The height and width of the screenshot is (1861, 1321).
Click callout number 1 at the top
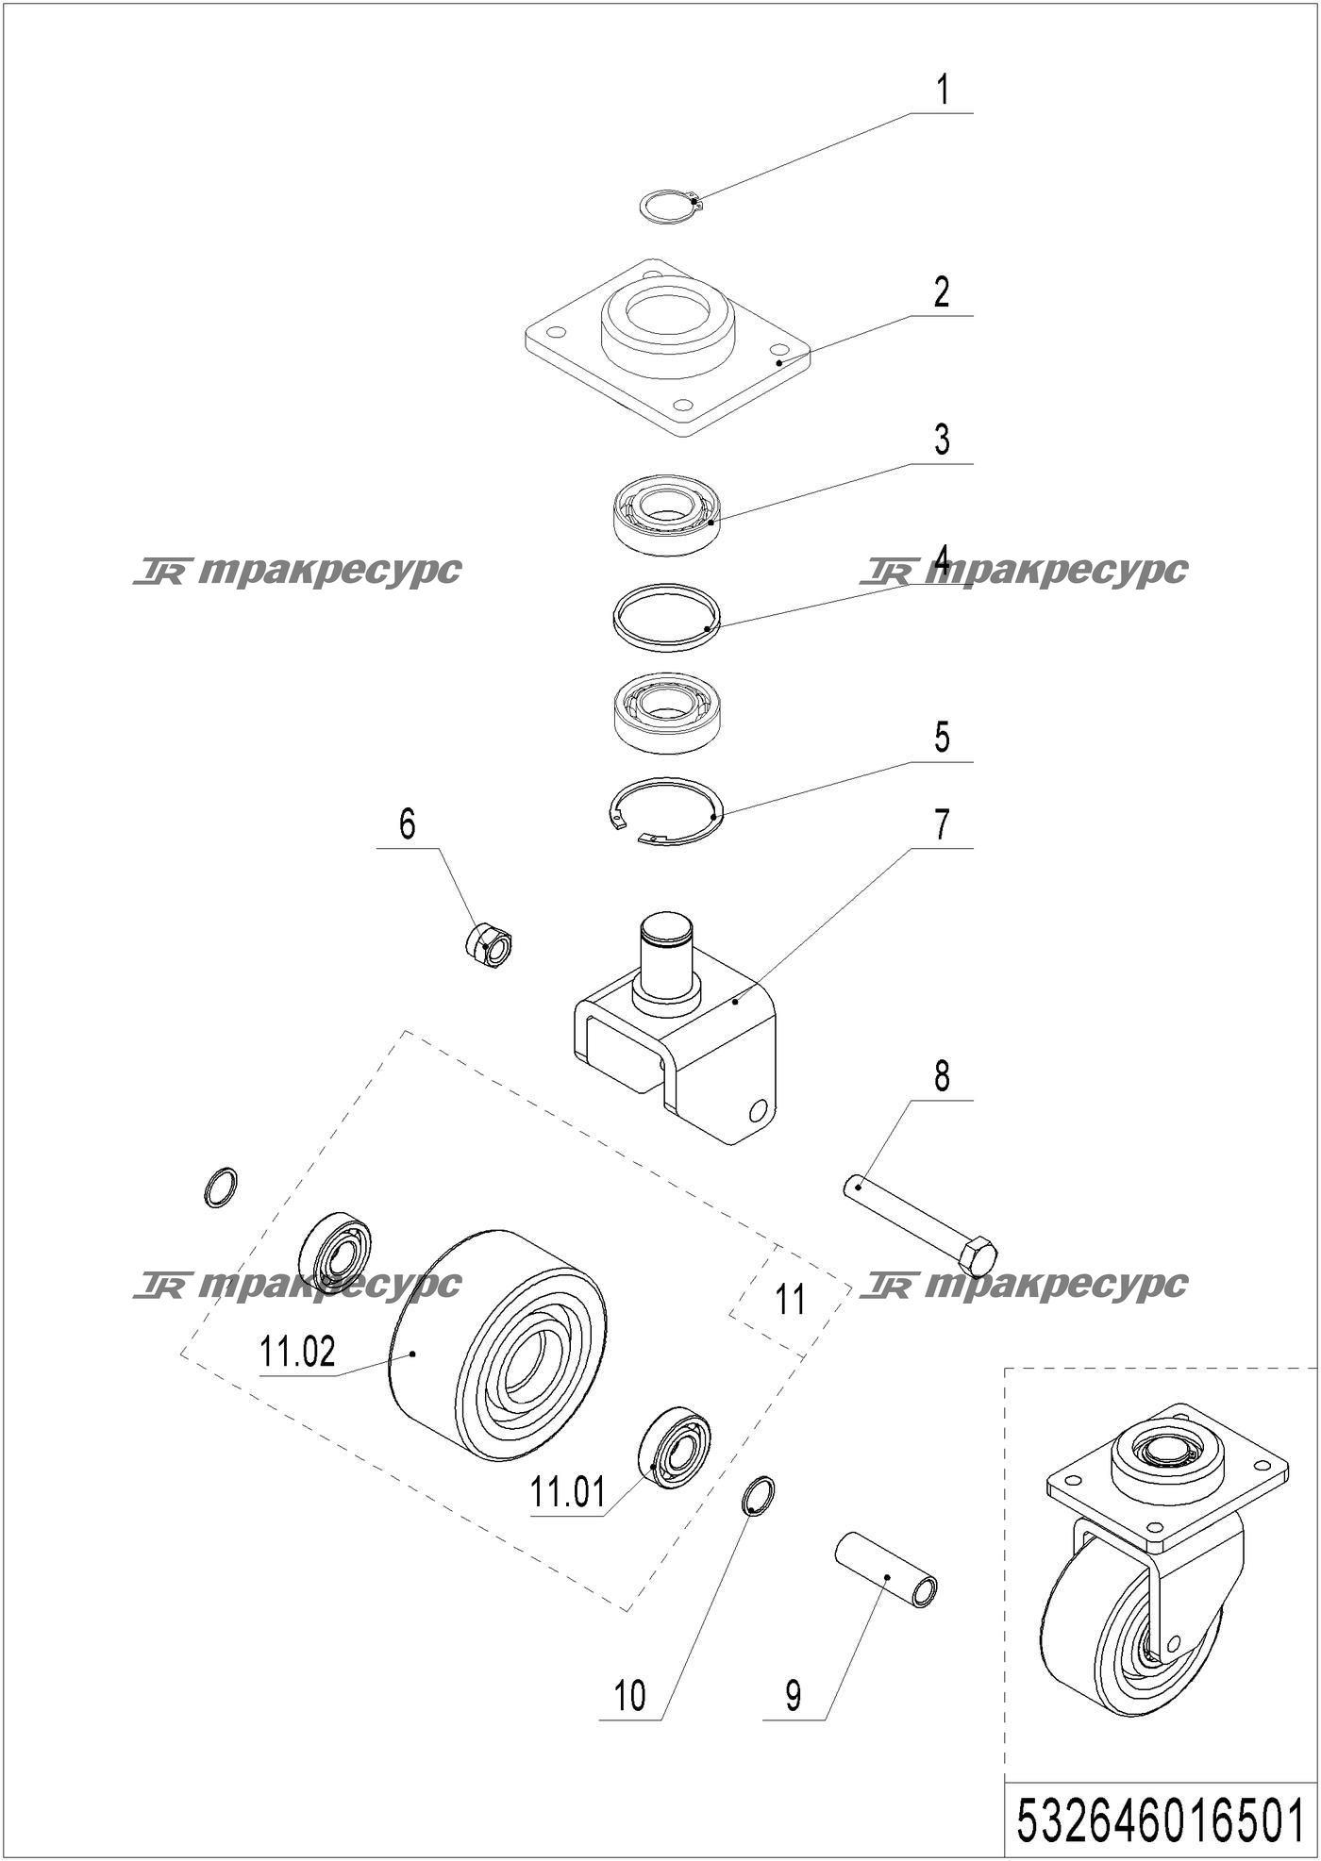[x=942, y=91]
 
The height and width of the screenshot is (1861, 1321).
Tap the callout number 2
[x=942, y=293]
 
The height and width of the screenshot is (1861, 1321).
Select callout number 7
[x=942, y=824]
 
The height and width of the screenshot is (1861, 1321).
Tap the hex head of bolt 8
[x=978, y=1257]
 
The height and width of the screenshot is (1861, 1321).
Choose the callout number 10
[x=629, y=1696]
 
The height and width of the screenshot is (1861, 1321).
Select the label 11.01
[x=567, y=1492]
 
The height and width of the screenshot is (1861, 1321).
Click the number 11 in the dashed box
[x=790, y=1300]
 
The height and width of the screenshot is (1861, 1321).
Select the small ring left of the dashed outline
[x=221, y=1187]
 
